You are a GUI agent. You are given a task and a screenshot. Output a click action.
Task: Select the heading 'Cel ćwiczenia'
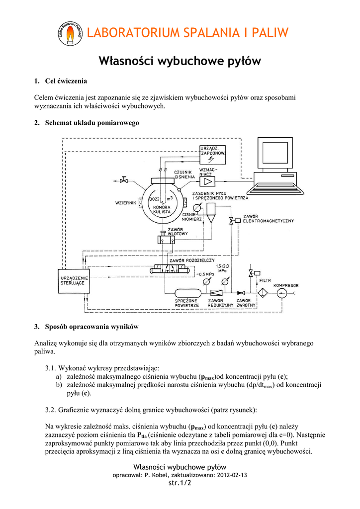(x=66, y=81)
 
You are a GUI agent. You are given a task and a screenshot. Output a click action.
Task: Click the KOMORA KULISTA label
(x=162, y=209)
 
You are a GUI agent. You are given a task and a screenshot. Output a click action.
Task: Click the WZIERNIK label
(x=125, y=203)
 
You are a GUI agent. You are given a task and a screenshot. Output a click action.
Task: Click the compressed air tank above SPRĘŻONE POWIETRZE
(x=186, y=292)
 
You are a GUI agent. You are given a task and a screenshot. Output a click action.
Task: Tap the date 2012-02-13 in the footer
(x=230, y=475)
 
